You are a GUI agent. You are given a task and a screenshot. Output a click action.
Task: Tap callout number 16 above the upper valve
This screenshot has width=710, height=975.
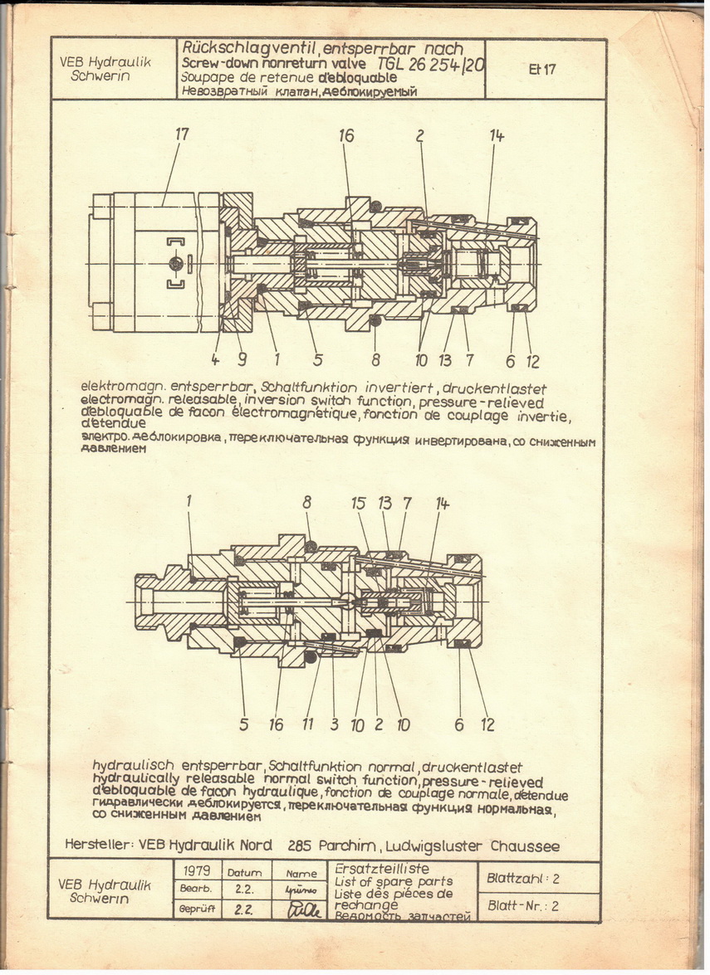(x=346, y=135)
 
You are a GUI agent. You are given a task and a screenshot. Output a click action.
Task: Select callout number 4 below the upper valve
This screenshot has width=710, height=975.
(x=215, y=361)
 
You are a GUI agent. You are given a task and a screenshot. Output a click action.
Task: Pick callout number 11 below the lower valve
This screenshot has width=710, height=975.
(x=308, y=724)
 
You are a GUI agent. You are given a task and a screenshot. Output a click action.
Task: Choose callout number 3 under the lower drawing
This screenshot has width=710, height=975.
(x=334, y=724)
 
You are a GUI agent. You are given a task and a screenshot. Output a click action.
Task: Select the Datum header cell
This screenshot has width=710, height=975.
(x=244, y=873)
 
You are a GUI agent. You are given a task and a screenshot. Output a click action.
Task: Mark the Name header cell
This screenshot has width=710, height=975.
(x=301, y=873)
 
